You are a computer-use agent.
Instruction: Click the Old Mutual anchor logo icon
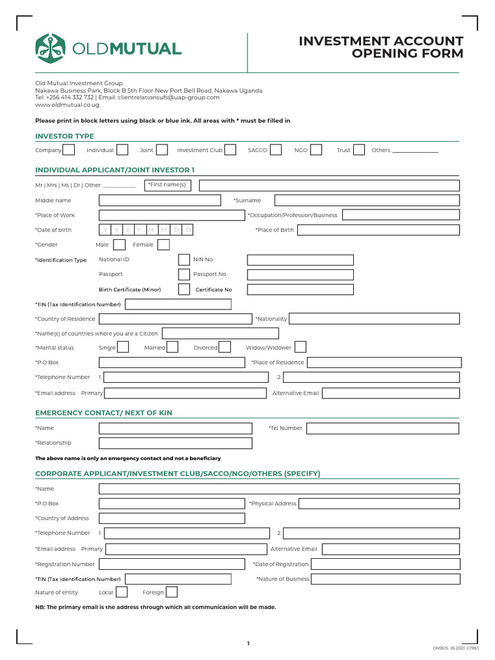click(x=51, y=48)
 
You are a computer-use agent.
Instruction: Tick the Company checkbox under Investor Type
click(x=69, y=150)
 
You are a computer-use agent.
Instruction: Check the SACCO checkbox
click(x=275, y=150)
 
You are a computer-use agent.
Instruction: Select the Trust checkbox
click(x=359, y=150)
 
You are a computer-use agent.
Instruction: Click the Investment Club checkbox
click(x=231, y=150)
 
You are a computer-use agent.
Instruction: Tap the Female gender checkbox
click(x=163, y=245)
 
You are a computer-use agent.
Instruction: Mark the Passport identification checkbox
click(x=184, y=275)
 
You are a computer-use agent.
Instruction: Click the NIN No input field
click(x=300, y=260)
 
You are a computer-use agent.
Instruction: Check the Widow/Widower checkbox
click(x=300, y=347)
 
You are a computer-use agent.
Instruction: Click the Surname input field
click(x=367, y=200)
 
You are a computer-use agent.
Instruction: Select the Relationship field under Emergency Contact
click(x=175, y=443)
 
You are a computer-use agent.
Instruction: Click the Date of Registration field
click(x=385, y=565)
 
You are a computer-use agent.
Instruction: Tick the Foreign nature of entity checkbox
click(x=171, y=592)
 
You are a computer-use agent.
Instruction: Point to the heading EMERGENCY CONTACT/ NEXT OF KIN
click(x=103, y=412)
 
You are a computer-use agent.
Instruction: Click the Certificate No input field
click(x=300, y=289)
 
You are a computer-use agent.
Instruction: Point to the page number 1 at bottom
click(x=247, y=643)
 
